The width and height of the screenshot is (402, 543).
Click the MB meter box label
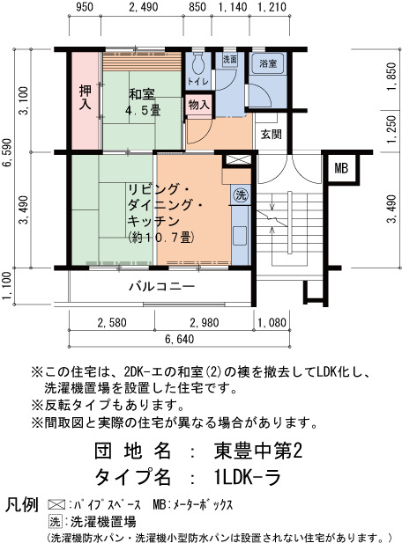(x=341, y=168)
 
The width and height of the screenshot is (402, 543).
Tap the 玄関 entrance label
(x=272, y=134)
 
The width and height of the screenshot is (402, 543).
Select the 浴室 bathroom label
(x=268, y=63)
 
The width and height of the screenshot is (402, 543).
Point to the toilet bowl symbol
(x=198, y=63)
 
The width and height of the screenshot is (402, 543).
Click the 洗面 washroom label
(x=229, y=60)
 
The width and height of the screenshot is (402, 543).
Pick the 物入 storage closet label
(x=199, y=104)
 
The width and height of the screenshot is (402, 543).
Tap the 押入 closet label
(x=86, y=98)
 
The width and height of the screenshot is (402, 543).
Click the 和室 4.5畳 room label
(x=142, y=102)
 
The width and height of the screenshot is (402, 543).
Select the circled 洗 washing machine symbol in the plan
(x=241, y=195)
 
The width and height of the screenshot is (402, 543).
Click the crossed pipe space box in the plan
(x=238, y=160)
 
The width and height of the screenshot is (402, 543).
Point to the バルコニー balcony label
(x=162, y=286)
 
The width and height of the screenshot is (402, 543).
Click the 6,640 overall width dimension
(x=179, y=339)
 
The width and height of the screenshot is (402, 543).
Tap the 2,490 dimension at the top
(x=143, y=7)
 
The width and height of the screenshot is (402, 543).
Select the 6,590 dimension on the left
(x=7, y=152)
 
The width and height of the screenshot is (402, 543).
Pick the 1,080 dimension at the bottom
(x=272, y=322)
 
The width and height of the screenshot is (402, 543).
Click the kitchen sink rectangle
(x=240, y=235)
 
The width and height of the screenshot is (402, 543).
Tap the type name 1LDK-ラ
(x=248, y=477)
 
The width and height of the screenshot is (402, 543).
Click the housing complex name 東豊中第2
(x=257, y=451)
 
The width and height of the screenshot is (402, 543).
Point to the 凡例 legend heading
(x=21, y=505)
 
